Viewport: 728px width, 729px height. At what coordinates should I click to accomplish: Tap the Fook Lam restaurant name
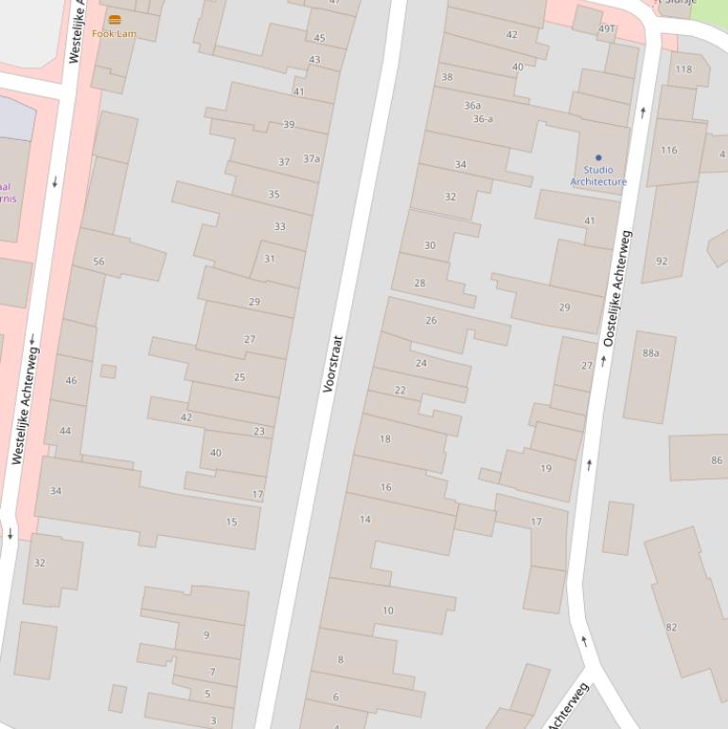pyautogui.click(x=115, y=33)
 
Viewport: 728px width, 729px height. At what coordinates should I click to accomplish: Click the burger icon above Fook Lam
pyautogui.click(x=115, y=19)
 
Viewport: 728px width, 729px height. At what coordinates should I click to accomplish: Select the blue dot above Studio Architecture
pyautogui.click(x=598, y=158)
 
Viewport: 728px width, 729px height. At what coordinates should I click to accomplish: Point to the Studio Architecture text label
pyautogui.click(x=598, y=176)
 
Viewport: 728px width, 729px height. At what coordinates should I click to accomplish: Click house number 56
pyautogui.click(x=98, y=262)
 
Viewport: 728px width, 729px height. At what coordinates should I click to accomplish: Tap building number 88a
pyautogui.click(x=650, y=353)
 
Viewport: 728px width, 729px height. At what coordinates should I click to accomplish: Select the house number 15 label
pyautogui.click(x=232, y=522)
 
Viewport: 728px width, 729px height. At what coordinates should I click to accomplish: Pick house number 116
pyautogui.click(x=669, y=151)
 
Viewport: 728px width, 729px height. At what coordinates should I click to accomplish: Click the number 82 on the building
pyautogui.click(x=671, y=627)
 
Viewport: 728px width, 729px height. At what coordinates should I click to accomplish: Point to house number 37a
pyautogui.click(x=311, y=158)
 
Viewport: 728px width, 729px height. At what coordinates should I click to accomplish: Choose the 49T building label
pyautogui.click(x=606, y=29)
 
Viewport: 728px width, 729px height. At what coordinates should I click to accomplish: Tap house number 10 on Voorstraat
pyautogui.click(x=388, y=611)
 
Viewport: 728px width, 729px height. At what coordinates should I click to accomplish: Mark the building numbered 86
pyautogui.click(x=717, y=460)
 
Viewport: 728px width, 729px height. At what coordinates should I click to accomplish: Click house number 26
pyautogui.click(x=432, y=320)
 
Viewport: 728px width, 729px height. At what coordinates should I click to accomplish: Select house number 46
pyautogui.click(x=71, y=381)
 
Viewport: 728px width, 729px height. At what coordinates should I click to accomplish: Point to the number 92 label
pyautogui.click(x=662, y=261)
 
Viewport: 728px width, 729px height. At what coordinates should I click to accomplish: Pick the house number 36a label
pyautogui.click(x=472, y=105)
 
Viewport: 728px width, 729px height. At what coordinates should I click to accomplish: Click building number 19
pyautogui.click(x=546, y=468)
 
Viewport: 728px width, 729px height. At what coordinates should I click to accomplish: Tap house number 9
pyautogui.click(x=206, y=634)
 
